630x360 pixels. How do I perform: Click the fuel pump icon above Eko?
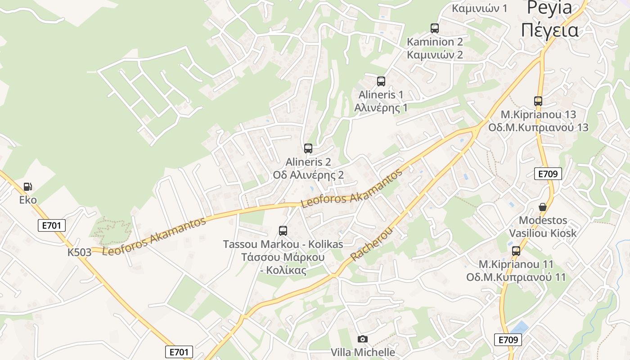pos(28,186)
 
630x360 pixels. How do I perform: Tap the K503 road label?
pos(80,252)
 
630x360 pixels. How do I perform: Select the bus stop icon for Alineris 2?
pos(308,148)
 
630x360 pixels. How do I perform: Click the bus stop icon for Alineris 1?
pos(381,81)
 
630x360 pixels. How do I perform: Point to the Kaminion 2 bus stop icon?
pos(435,28)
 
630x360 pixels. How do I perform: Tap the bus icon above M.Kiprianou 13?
pos(538,101)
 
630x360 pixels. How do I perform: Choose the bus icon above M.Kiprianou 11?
pos(516,251)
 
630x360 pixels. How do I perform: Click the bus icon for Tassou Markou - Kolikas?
pos(283,231)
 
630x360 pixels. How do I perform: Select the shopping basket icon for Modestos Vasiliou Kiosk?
pos(543,207)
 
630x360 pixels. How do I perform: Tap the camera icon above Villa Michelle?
pos(362,339)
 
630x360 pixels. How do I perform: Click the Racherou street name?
pos(372,245)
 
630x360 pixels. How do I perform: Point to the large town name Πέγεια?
pos(549,30)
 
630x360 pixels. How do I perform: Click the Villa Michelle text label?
pos(363,352)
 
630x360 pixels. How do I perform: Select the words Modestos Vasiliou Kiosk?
pos(543,227)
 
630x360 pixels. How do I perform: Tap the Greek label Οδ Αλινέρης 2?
pos(308,175)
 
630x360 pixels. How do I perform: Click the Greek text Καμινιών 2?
pos(435,55)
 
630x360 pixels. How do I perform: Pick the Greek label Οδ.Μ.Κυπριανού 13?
pos(538,127)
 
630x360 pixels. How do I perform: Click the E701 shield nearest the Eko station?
pos(51,225)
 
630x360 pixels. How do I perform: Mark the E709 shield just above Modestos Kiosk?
pos(548,174)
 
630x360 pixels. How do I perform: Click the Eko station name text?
pos(28,200)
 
